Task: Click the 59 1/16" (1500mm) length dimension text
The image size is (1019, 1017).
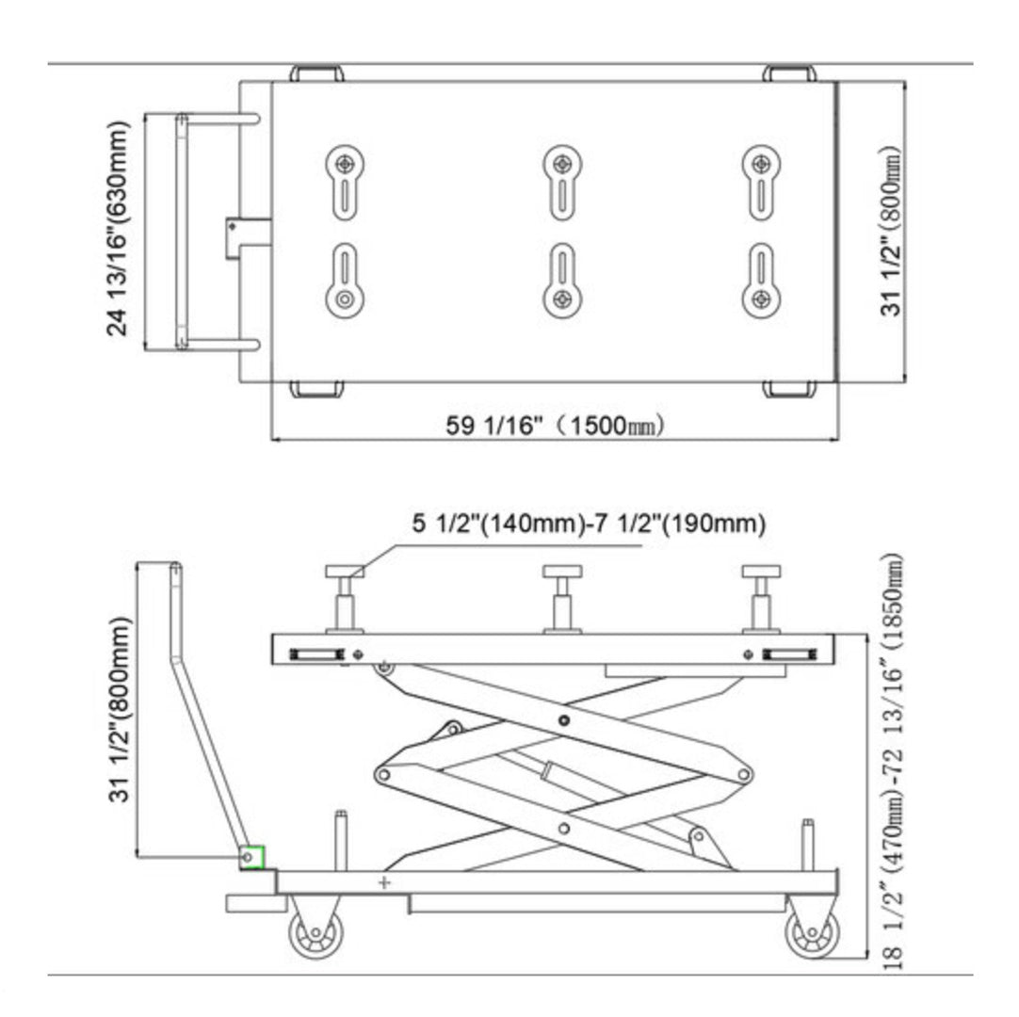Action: (556, 425)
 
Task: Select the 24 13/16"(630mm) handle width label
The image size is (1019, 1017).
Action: (120, 229)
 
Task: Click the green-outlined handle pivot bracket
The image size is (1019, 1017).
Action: (251, 857)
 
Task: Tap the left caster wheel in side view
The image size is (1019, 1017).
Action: (316, 932)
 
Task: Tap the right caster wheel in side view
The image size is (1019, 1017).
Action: (811, 933)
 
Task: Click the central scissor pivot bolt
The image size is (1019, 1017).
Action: (563, 720)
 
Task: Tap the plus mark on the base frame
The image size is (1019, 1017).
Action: (383, 882)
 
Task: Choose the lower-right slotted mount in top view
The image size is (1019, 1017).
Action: (761, 281)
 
